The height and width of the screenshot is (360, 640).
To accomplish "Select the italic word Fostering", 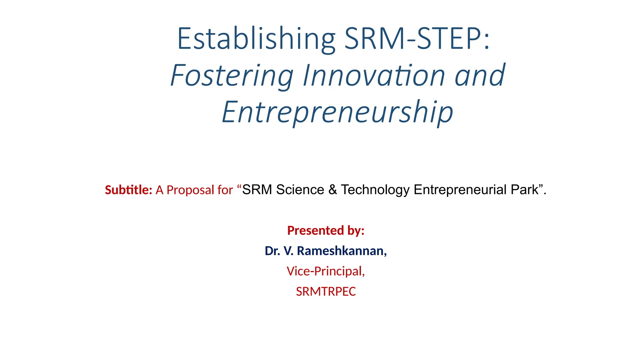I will tap(232, 76).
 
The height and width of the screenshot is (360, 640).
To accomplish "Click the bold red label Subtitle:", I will tap(128, 190).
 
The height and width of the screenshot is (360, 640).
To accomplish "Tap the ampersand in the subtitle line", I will tap(332, 190).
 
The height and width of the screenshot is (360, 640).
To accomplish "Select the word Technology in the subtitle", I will tap(375, 190).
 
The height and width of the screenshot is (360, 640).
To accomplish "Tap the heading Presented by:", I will tap(326, 231).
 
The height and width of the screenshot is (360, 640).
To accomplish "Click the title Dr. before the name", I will tap(272, 251).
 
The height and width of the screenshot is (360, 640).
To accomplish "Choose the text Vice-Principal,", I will tap(326, 271).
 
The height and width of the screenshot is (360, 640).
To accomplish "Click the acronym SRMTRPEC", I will tap(326, 292).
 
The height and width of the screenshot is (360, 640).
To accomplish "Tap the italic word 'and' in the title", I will tap(480, 76).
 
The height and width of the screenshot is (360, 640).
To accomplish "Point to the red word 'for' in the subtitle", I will tap(225, 190).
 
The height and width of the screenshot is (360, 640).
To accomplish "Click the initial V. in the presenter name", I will tap(288, 251).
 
